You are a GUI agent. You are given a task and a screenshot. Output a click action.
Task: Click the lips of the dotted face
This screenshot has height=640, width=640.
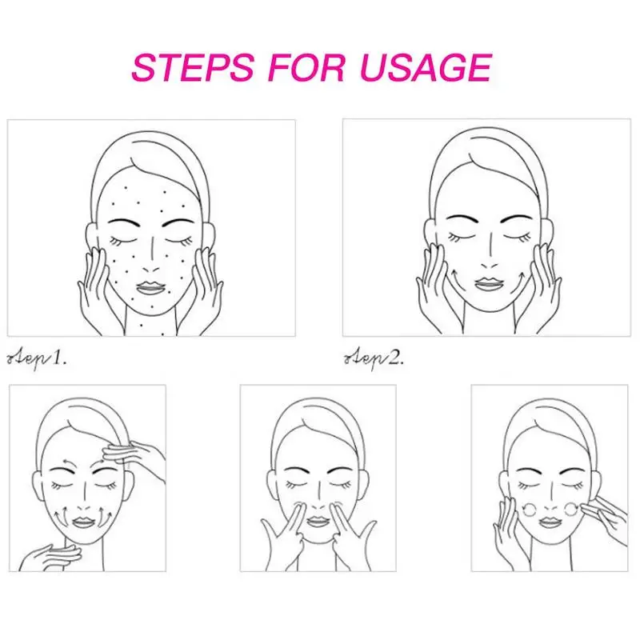[151, 286]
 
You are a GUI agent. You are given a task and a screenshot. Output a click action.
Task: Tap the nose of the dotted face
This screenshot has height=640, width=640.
[152, 258]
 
